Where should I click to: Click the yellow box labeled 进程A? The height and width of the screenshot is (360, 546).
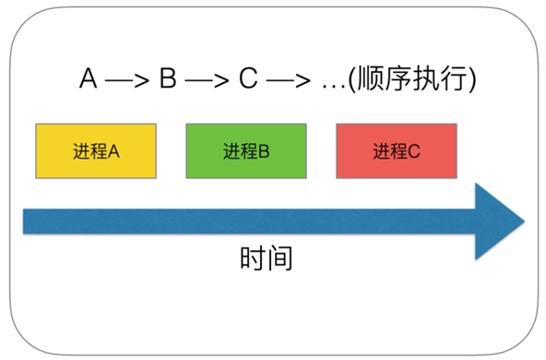click(x=96, y=150)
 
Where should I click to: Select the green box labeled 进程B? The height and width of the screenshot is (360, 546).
click(x=246, y=150)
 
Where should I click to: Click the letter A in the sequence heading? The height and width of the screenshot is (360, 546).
click(x=89, y=80)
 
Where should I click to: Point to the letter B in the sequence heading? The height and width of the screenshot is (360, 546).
click(x=168, y=80)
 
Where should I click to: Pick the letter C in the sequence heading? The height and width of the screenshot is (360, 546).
click(x=248, y=80)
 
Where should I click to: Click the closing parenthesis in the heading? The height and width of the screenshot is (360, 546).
click(x=471, y=81)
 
